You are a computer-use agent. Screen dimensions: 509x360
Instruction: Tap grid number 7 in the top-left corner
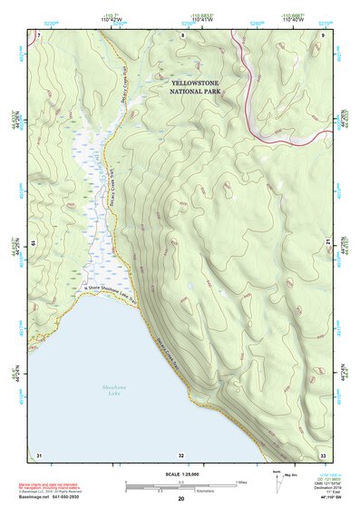click(39, 34)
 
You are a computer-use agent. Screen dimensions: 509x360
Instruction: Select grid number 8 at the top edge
click(182, 34)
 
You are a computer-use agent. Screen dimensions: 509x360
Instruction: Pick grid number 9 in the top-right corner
click(323, 34)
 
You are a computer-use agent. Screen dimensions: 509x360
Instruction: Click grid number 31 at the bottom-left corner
click(39, 454)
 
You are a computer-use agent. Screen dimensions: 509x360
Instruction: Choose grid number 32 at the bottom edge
click(181, 455)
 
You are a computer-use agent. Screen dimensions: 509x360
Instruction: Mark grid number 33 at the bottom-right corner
click(323, 455)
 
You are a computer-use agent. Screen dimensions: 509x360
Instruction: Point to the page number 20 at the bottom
click(181, 499)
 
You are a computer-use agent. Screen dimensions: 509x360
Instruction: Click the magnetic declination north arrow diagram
click(277, 481)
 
